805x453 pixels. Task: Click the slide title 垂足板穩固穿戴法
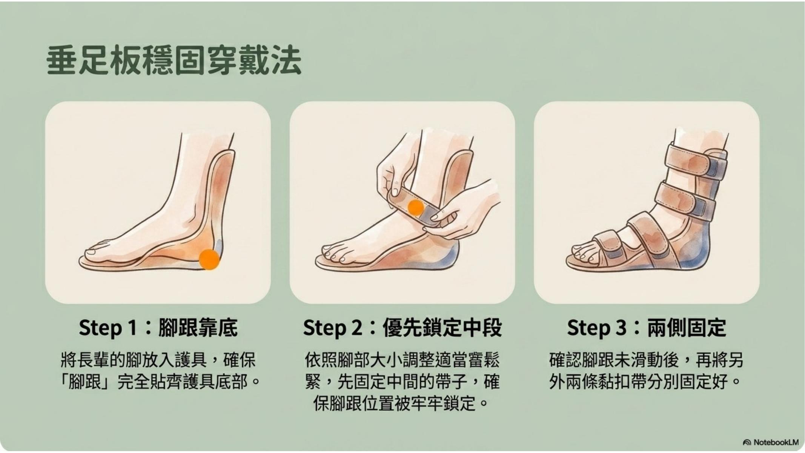[174, 60]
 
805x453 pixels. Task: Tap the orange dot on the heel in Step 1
[209, 259]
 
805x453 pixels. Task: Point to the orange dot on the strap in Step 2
[416, 208]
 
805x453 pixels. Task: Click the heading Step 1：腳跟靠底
[158, 328]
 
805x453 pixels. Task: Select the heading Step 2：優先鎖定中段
[402, 328]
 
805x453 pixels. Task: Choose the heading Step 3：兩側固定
[646, 328]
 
